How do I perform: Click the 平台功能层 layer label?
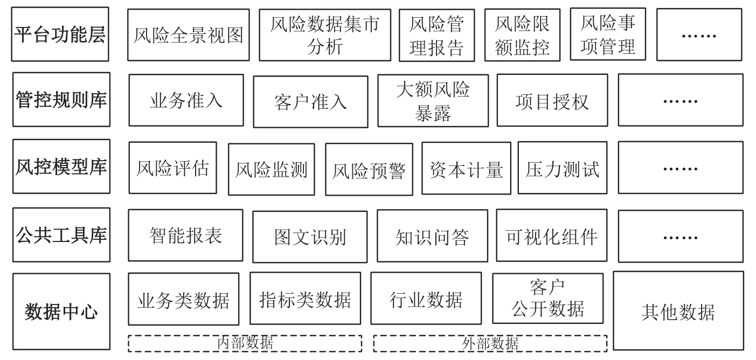tap(60, 34)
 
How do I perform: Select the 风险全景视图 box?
tap(189, 34)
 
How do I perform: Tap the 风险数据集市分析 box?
tap(325, 34)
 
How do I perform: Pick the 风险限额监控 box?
tap(522, 34)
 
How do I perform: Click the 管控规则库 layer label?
tap(61, 100)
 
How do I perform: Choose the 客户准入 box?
tap(311, 101)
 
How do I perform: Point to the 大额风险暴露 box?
tap(433, 101)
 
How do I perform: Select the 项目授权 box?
tap(552, 101)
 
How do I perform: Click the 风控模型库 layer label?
tap(61, 167)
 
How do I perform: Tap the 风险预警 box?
tap(369, 170)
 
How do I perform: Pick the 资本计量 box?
tap(466, 168)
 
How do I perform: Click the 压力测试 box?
tap(562, 168)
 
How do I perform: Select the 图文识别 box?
tap(310, 237)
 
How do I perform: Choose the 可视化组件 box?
tap(552, 236)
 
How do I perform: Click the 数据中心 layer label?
tap(61, 310)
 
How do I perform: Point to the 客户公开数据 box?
tap(548, 298)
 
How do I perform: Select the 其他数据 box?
tap(678, 311)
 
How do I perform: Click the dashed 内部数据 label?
tap(245, 343)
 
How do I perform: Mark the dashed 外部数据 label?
tap(490, 343)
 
